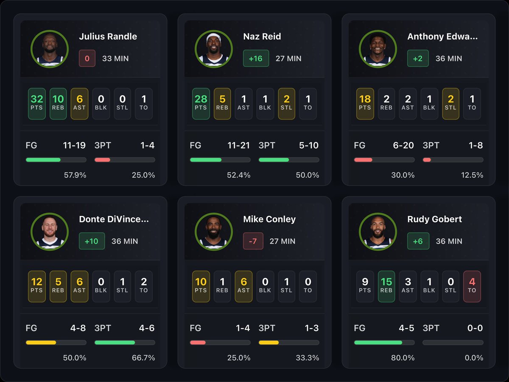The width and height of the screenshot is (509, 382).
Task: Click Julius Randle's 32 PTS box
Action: tap(37, 104)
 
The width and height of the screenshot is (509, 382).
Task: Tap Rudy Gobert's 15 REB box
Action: tap(386, 286)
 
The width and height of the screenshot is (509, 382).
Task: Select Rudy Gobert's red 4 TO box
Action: tap(472, 286)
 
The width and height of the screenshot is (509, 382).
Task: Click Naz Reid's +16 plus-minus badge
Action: tap(256, 59)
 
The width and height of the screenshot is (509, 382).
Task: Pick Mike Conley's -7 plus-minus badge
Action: tap(253, 241)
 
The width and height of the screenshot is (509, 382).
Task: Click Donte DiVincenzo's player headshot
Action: tap(50, 232)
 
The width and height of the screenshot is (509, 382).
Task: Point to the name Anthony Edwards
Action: tap(442, 37)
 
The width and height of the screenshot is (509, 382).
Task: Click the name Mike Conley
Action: tap(269, 219)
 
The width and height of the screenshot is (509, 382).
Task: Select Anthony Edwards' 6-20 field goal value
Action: tap(403, 145)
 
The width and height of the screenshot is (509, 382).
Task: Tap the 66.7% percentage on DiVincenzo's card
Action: tap(143, 358)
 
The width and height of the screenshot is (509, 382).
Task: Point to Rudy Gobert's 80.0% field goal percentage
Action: tap(403, 358)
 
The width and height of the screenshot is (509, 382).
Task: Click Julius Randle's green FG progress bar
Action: tap(43, 160)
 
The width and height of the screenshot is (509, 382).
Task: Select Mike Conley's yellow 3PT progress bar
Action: tap(269, 343)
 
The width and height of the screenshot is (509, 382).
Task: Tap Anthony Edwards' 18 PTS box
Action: tap(365, 104)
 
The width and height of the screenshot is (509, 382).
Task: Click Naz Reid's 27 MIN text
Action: tap(288, 59)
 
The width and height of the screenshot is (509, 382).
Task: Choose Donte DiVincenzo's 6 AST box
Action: tap(79, 286)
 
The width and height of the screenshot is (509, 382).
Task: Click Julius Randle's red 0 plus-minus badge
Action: tap(87, 59)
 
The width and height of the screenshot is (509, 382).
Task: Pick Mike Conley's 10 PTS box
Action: tap(201, 286)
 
